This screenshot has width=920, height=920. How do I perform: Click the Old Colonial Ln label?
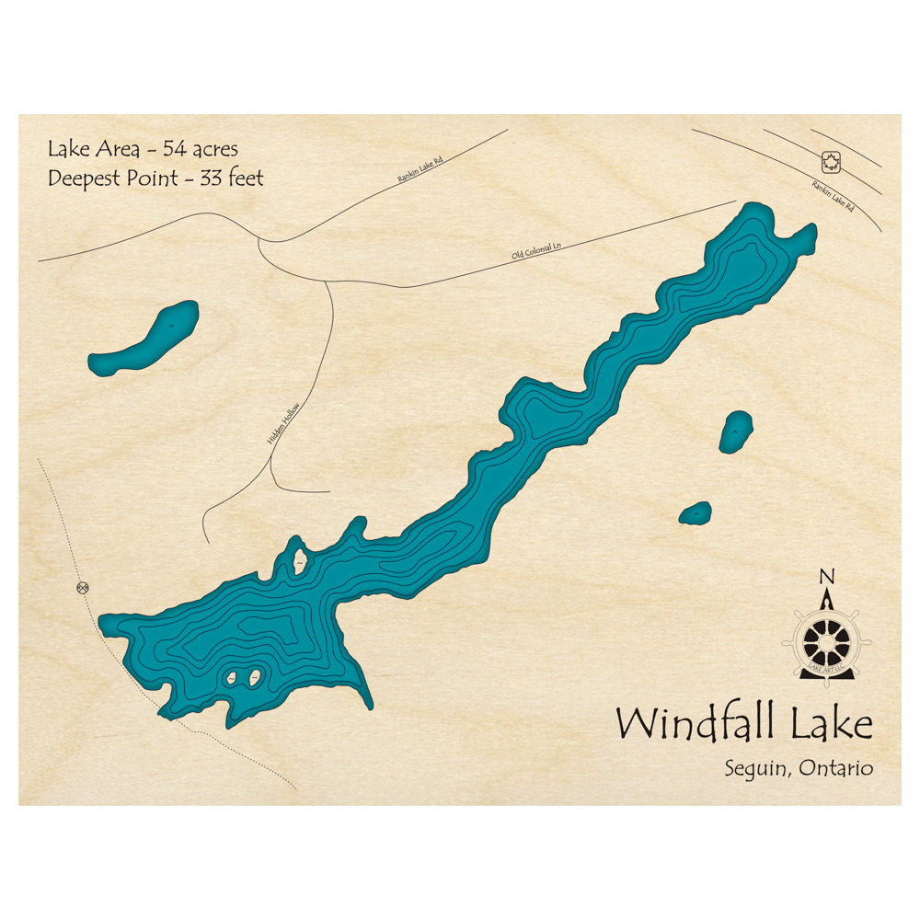tap(536, 249)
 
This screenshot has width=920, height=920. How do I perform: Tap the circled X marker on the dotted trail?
tap(84, 587)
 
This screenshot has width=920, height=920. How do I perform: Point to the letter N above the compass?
tap(826, 578)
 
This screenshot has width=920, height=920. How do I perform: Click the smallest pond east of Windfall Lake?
tap(696, 512)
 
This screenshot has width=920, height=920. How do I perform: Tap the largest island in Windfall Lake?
tap(299, 558)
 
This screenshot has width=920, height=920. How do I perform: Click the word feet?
tap(245, 178)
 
